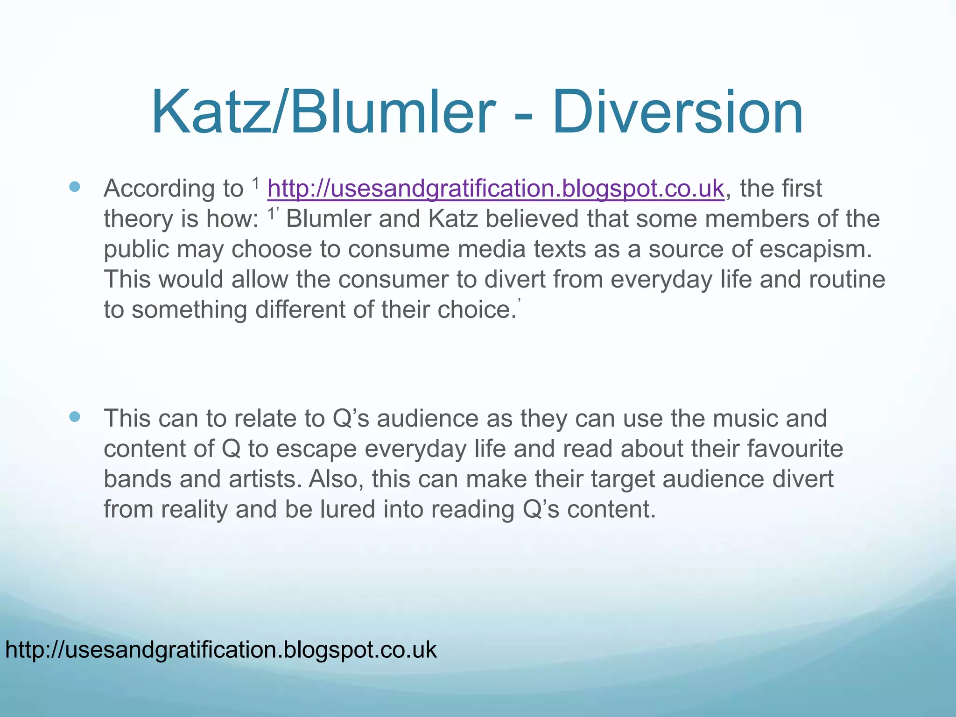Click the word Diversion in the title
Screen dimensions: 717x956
tap(678, 113)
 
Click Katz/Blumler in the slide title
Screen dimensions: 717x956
tap(322, 113)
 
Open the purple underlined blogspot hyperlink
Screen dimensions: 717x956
tap(496, 189)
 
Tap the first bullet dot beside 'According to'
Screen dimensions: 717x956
tap(74, 188)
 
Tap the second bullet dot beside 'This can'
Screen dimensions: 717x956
tap(74, 417)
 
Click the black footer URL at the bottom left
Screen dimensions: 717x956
tap(221, 649)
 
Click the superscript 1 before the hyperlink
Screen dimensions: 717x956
tap(255, 183)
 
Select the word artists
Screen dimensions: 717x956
tap(264, 479)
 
